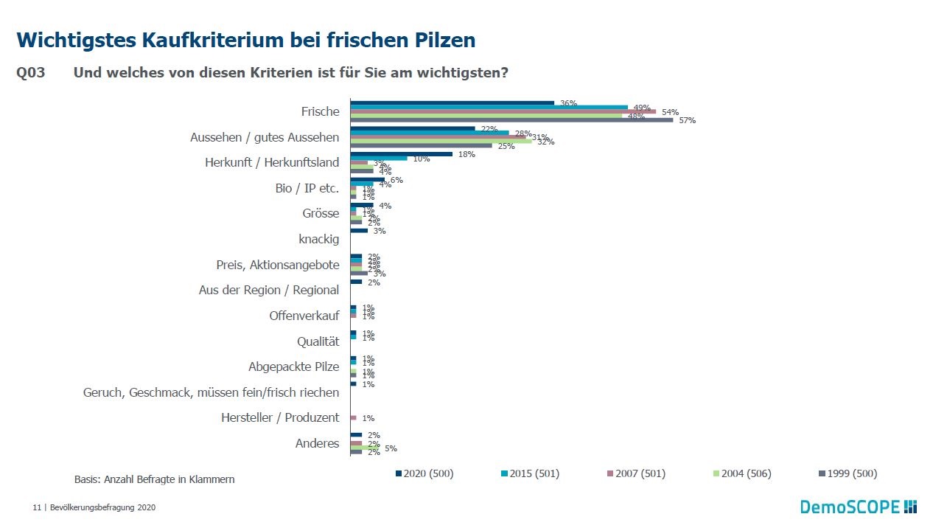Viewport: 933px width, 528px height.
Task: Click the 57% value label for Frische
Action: click(687, 120)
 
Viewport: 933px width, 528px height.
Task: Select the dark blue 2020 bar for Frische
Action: click(452, 103)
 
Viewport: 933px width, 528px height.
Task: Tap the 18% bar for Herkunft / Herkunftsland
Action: click(401, 154)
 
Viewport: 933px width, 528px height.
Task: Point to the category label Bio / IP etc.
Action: click(307, 188)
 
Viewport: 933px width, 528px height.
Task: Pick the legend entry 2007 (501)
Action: click(636, 473)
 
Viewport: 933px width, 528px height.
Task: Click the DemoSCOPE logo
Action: click(859, 507)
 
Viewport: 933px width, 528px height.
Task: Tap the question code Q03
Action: click(31, 74)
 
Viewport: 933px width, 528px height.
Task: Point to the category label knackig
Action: click(318, 239)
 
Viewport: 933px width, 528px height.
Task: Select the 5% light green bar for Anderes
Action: click(365, 448)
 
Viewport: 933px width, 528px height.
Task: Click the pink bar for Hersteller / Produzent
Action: click(353, 417)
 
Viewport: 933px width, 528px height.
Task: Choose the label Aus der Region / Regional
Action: click(268, 290)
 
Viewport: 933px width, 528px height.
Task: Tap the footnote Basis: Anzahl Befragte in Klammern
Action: click(154, 479)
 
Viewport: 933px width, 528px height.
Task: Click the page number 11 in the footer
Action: click(36, 507)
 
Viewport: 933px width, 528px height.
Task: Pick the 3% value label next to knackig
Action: click(380, 231)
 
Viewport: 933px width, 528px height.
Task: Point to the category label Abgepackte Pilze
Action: click(293, 367)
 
